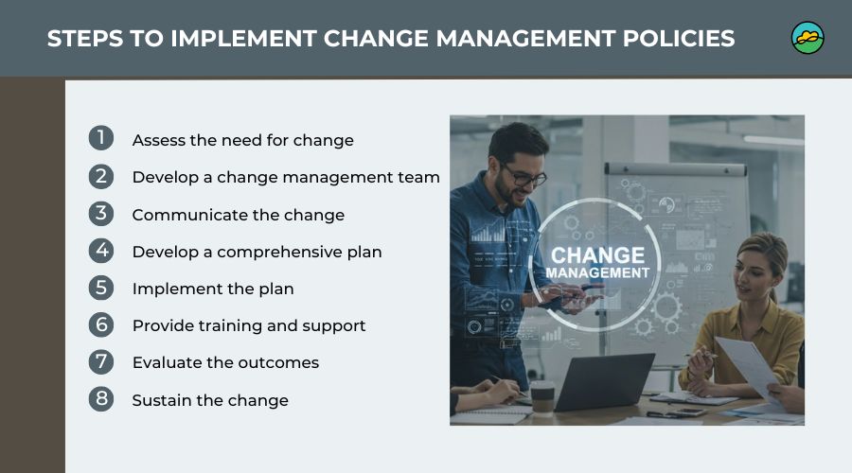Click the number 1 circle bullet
(x=101, y=138)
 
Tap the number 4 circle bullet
(x=101, y=251)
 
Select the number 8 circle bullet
(x=101, y=398)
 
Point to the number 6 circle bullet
(x=101, y=324)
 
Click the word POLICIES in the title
(x=679, y=39)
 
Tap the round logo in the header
(x=808, y=38)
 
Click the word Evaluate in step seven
(x=168, y=362)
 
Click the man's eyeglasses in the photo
(x=524, y=176)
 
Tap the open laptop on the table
(x=604, y=381)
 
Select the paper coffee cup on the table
(x=542, y=398)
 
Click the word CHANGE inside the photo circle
(x=597, y=255)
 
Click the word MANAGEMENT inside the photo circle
(x=597, y=272)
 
